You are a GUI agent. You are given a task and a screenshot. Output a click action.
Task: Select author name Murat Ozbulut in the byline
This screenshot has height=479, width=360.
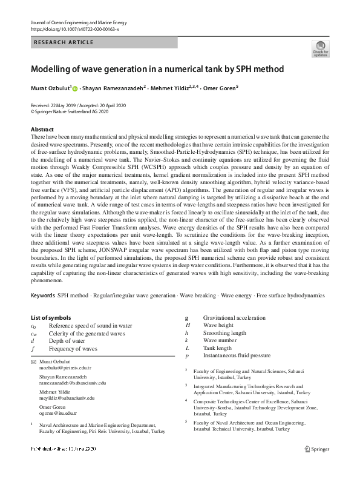50,88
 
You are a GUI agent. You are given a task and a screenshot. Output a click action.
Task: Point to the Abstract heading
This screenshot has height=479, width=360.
42,130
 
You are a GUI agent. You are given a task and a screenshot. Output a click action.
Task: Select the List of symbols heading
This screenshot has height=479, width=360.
51,317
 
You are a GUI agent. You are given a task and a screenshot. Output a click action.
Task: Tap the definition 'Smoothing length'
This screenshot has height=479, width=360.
224,333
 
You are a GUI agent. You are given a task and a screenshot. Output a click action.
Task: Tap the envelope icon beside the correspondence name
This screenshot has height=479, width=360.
33,362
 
